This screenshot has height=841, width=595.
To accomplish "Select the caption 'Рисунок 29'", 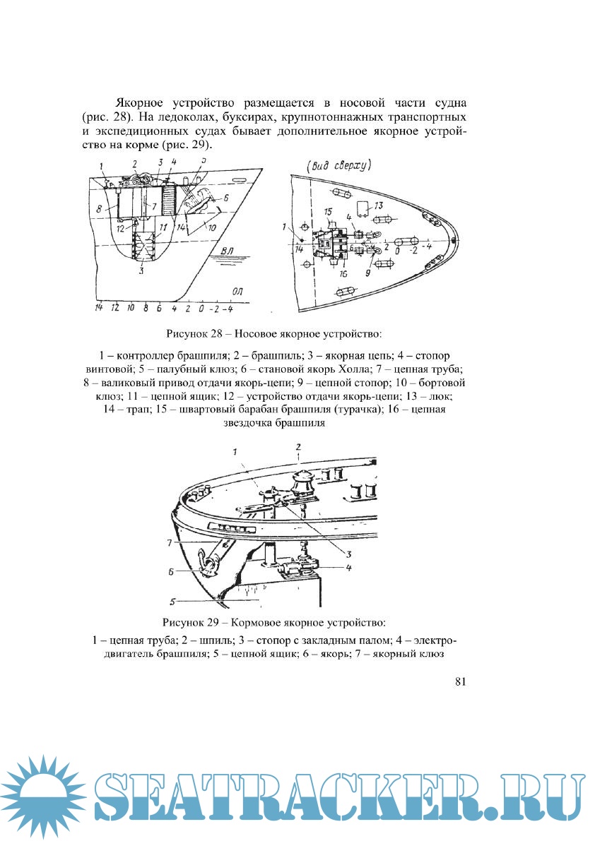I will point(188,623).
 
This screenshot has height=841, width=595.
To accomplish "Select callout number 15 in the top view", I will point(328,212).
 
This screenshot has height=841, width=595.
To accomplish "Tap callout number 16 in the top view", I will point(344,273).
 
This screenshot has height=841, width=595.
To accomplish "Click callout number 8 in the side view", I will point(101,208).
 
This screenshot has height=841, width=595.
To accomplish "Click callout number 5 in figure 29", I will point(172,602).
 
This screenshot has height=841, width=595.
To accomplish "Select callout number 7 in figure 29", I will point(170,542).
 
